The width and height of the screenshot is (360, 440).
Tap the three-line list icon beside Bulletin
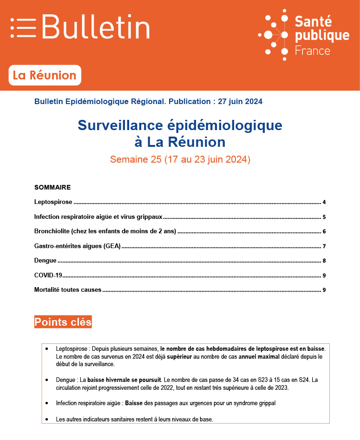23,27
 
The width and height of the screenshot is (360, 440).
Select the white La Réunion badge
45,75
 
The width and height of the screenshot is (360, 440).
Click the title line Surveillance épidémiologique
180,125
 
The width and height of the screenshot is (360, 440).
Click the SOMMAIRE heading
52,188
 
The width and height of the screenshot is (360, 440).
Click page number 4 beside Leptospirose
324,203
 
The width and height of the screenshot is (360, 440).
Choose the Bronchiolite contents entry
105,231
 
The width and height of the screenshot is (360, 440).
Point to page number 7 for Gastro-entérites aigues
324,246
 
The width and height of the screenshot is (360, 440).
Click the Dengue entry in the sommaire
46,261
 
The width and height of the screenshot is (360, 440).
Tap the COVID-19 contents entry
48,275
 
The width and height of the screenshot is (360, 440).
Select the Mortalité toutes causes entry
68,290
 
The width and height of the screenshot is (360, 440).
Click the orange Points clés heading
63,322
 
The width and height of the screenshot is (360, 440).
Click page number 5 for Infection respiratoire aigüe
324,217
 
